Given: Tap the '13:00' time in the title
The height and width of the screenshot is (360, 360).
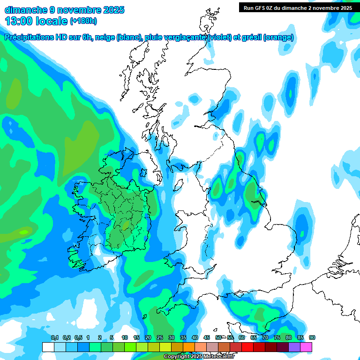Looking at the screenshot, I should tap(18, 21).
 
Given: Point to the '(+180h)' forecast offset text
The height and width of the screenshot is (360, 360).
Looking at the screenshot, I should tap(83, 21).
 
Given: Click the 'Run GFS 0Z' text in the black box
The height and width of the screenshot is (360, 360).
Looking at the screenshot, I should tap(257, 7).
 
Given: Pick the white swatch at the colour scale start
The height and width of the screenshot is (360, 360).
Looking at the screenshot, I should tap(48, 347).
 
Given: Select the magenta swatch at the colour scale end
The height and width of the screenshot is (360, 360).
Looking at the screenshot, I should tap(307, 347).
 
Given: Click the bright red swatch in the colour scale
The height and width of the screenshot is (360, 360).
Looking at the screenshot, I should tap(247, 347).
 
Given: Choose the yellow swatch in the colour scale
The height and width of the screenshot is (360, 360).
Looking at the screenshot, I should tap(165, 347).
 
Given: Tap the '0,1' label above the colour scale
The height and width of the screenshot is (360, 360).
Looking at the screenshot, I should tap(54, 338).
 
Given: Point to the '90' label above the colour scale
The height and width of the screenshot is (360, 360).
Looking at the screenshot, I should tap(312, 338).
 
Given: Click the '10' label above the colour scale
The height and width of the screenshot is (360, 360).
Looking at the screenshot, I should tap(125, 338).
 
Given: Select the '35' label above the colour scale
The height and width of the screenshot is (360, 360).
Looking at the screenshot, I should tap(183, 338).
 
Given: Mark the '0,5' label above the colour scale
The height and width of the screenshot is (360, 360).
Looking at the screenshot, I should tap(78, 338).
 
